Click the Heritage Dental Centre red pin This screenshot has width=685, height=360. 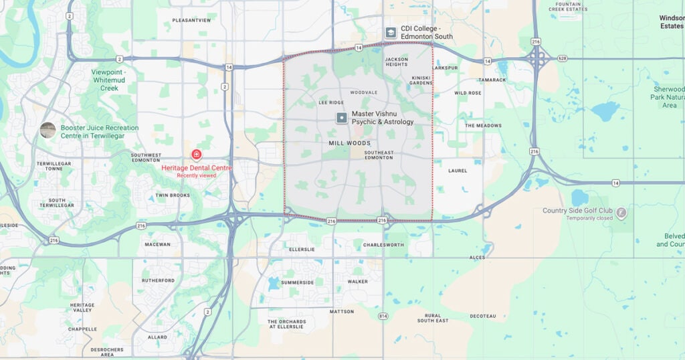pos(196,155)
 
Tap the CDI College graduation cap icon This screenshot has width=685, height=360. pos(391,32)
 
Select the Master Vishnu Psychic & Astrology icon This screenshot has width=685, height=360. pos(342,118)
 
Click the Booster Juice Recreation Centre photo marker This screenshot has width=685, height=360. pos(47,130)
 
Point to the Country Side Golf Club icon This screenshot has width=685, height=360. pos(621,213)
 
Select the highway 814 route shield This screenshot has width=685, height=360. pos(383,316)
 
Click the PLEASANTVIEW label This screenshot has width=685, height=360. pos(191,21)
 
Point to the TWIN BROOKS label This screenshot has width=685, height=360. pos(173,195)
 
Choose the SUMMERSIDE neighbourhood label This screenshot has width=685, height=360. pos(297,282)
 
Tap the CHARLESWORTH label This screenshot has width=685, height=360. pos(383,246)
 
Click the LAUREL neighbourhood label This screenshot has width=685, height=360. pos(458,171)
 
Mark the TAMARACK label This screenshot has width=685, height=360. pos(492,80)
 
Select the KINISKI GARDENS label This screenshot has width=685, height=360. pos(421,80)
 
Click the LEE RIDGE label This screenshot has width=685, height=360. pos(331,102)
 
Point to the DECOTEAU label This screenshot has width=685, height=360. pos(482,316)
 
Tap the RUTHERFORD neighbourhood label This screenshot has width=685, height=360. pos(159,280)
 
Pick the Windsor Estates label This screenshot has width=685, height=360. pos(671,22)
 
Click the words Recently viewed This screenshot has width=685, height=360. pos(197,175)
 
